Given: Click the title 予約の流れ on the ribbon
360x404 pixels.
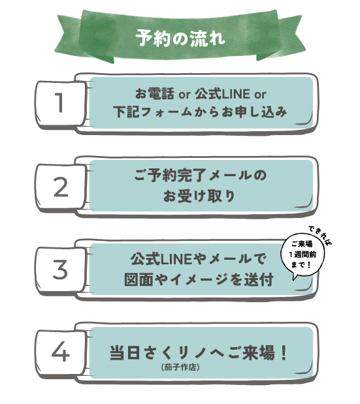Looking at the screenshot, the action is (180, 39).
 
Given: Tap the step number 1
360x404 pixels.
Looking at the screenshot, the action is (59, 103).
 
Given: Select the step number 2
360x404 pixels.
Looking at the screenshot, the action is (61, 187).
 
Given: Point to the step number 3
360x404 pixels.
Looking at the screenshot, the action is (60, 270).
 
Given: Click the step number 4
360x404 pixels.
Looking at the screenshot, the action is (61, 352).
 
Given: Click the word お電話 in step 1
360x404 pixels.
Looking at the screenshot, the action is (154, 94).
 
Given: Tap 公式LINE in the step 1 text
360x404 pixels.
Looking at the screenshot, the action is (222, 94).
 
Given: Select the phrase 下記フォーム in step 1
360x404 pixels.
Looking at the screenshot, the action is (153, 112).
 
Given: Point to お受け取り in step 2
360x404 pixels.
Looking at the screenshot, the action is (199, 196).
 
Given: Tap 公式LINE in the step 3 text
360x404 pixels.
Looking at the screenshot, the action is (161, 258).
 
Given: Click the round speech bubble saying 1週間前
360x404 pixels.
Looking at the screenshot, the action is (303, 255).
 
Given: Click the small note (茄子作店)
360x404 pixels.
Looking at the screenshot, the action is (180, 367).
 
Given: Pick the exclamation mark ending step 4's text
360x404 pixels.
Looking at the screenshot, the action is (284, 352).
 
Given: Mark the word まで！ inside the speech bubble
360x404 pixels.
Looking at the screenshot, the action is (301, 264).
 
